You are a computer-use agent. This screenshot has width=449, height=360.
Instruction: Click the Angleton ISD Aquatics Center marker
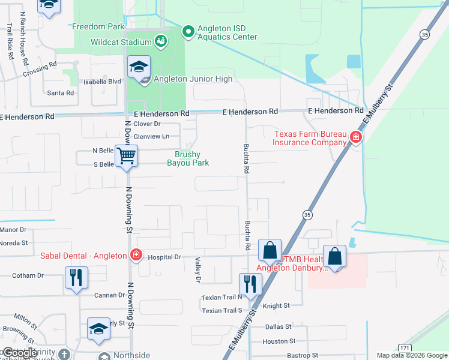pyautogui.click(x=188, y=31)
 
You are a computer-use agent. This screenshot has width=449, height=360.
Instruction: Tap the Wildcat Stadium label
pyautogui.click(x=120, y=42)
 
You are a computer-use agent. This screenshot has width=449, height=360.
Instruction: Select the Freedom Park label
pyautogui.click(x=98, y=26)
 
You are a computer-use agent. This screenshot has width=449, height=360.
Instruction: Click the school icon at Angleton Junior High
pyautogui.click(x=139, y=68)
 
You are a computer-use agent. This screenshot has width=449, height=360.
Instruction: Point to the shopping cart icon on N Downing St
pyautogui.click(x=125, y=156)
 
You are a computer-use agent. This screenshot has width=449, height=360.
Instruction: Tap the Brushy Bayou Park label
pyautogui.click(x=191, y=158)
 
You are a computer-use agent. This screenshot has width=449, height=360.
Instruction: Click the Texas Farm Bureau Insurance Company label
pyautogui.click(x=309, y=138)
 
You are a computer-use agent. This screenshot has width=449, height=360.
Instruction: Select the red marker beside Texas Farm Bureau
pyautogui.click(x=356, y=137)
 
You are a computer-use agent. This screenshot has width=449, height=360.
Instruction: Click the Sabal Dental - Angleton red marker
pyautogui.click(x=136, y=255)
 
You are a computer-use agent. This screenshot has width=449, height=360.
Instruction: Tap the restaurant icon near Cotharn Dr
pyautogui.click(x=76, y=278)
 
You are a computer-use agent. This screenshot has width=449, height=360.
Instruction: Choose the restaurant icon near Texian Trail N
pyautogui.click(x=250, y=283)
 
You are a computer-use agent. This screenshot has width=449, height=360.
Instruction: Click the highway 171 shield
pyautogui.click(x=403, y=347)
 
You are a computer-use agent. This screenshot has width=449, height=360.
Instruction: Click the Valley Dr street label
pyautogui.click(x=197, y=269)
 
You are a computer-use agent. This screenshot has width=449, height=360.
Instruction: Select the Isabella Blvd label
pyautogui.click(x=103, y=81)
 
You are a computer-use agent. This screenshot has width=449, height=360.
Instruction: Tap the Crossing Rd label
pyautogui.click(x=40, y=70)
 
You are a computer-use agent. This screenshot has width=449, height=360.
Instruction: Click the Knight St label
pyautogui.click(x=276, y=305)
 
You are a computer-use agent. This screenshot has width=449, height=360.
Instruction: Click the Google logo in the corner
pyautogui.click(x=19, y=353)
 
